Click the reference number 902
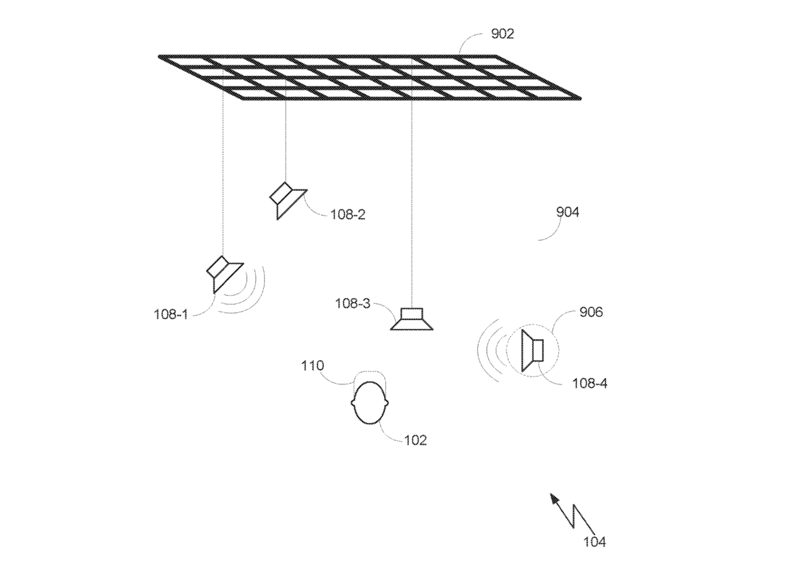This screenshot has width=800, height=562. tap(502, 34)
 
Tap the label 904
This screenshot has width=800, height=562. tap(567, 212)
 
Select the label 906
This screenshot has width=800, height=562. tap(591, 313)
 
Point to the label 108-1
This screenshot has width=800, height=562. tap(171, 314)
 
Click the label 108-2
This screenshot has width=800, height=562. tap(348, 214)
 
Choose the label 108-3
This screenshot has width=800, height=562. tap(352, 304)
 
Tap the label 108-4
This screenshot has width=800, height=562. tap(589, 384)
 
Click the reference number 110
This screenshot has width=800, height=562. tap(312, 366)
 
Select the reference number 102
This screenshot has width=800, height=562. tap(416, 440)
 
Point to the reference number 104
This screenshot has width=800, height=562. tap(594, 542)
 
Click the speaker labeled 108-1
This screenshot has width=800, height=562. tap(224, 274)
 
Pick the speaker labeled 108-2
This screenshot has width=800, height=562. tap(287, 201)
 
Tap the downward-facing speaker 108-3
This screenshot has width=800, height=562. tap(412, 319)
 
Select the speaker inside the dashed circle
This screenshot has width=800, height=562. tap(532, 351)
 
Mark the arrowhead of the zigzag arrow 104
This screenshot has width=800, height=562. tap(554, 498)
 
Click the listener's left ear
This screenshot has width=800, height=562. tap(352, 403)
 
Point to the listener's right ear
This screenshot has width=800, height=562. tap(387, 403)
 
